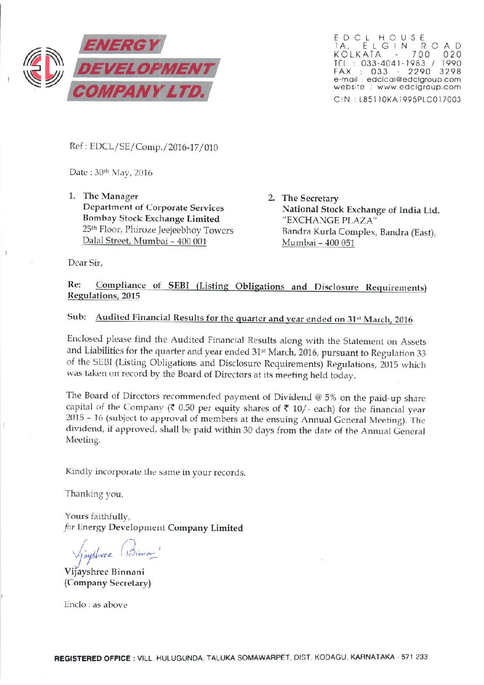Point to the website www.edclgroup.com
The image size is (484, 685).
click(x=419, y=86)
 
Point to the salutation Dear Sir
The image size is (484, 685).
click(x=85, y=263)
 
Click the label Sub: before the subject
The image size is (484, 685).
click(x=76, y=317)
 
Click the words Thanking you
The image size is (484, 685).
click(x=94, y=494)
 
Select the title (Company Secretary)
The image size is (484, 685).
click(x=108, y=583)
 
